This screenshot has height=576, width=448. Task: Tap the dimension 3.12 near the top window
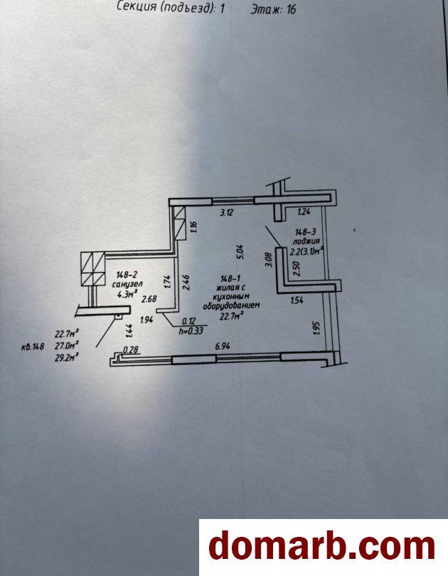[x=226, y=211]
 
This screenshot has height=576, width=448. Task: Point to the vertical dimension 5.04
[x=240, y=250]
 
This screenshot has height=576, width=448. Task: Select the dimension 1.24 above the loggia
[x=304, y=211]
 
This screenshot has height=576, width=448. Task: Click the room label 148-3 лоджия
[x=307, y=236]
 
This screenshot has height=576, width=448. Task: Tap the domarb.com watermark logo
[x=321, y=547]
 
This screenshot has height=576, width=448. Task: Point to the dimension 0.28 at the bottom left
[x=130, y=349]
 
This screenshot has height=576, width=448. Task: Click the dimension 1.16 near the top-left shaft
[x=194, y=229]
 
